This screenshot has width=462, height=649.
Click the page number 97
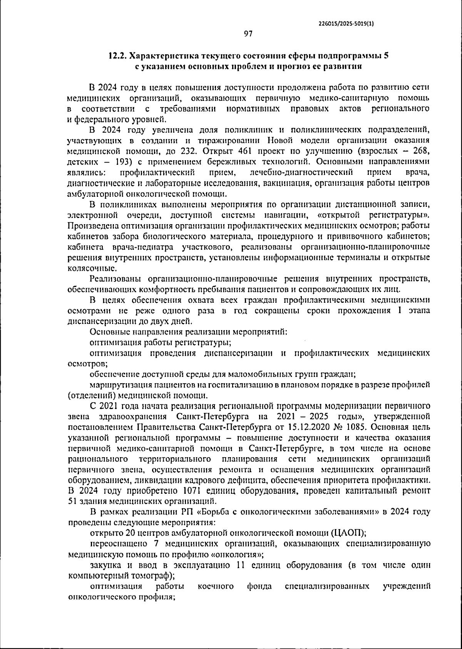(248, 34)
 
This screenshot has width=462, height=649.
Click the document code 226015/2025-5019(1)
(346, 23)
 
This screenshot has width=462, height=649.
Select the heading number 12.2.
(117, 55)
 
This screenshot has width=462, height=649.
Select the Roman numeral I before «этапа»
(401, 310)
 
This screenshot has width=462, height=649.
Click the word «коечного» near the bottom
(216, 587)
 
